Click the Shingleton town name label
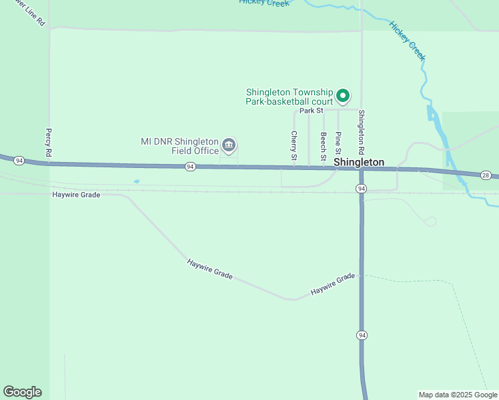pyautogui.click(x=359, y=162)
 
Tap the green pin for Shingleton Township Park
pyautogui.click(x=343, y=97)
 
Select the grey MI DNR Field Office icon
pyautogui.click(x=229, y=145)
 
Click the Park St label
pyautogui.click(x=311, y=111)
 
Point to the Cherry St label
pyautogui.click(x=294, y=146)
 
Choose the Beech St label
pyautogui.click(x=323, y=145)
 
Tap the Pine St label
pyautogui.click(x=338, y=143)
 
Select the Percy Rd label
pyautogui.click(x=49, y=143)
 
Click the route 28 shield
pyautogui.click(x=486, y=175)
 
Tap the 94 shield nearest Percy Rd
pyautogui.click(x=19, y=161)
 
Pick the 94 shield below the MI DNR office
pyautogui.click(x=190, y=167)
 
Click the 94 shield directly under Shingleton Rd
pyautogui.click(x=361, y=189)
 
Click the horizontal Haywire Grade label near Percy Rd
pyautogui.click(x=76, y=195)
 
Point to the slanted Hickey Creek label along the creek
pyautogui.click(x=407, y=41)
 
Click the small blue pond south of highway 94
pyautogui.click(x=137, y=181)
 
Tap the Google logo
pyautogui.click(x=22, y=392)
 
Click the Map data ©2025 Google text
pyautogui.click(x=458, y=395)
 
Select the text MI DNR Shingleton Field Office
pyautogui.click(x=180, y=146)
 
